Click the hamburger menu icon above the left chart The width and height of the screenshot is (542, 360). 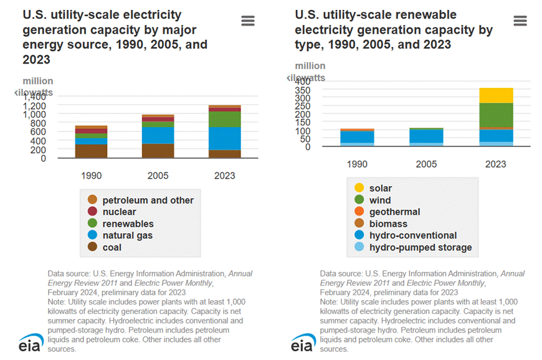(248, 21)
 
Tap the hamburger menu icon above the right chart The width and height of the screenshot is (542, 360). (520, 21)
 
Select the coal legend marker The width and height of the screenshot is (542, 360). (92, 247)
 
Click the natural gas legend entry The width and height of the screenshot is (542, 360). (127, 235)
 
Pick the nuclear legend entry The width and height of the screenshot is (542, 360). (119, 212)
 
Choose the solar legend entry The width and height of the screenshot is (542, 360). (380, 188)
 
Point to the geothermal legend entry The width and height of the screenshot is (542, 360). (394, 212)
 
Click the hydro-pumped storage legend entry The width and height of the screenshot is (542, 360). (420, 247)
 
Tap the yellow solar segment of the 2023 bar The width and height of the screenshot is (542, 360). (496, 95)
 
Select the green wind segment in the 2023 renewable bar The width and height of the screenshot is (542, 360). (496, 115)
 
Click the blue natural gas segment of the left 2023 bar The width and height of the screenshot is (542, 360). (225, 138)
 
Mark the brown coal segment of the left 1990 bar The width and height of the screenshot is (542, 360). (92, 151)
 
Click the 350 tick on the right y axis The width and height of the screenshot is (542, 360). (302, 90)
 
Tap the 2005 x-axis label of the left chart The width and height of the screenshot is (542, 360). (158, 176)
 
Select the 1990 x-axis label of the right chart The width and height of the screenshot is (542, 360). (357, 164)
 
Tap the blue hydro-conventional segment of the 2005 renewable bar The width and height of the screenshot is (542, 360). (427, 136)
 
